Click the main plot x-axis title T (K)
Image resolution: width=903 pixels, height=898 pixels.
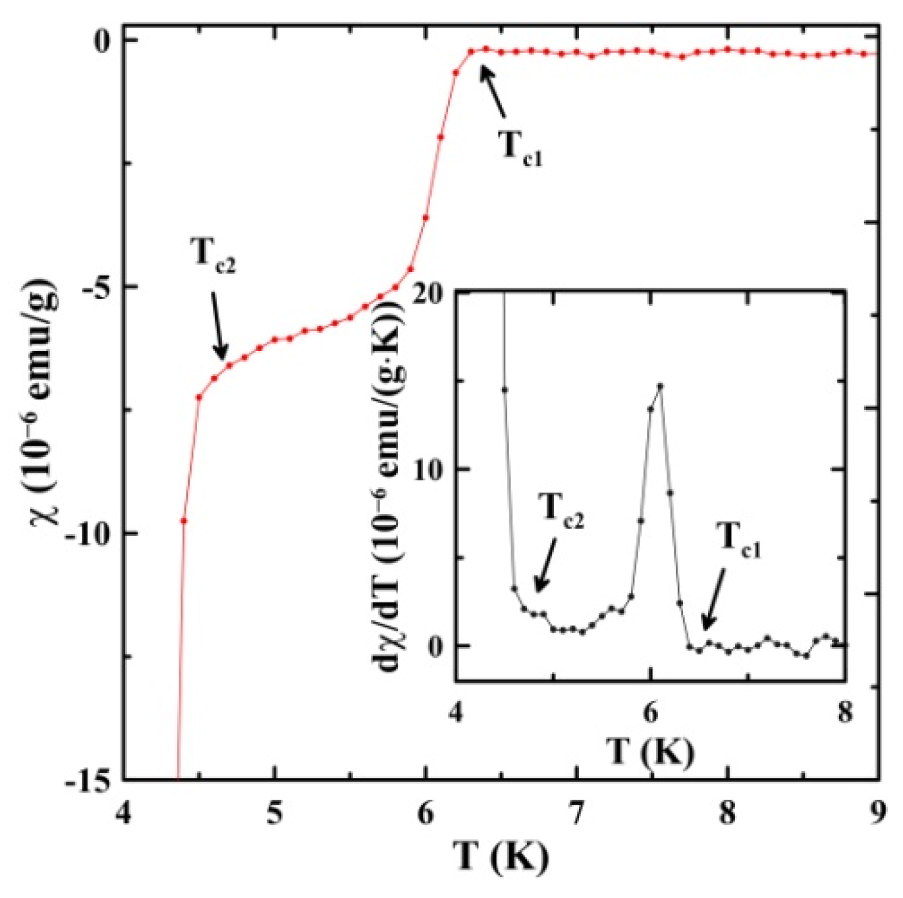[x=501, y=856]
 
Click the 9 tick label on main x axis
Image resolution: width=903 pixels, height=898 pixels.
[x=878, y=814]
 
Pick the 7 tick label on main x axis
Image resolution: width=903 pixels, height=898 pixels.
[x=577, y=814]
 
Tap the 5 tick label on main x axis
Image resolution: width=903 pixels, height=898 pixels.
[x=275, y=814]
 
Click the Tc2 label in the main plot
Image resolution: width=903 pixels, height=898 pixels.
[x=213, y=255]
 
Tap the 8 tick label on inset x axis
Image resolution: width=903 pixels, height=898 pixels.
[x=844, y=712]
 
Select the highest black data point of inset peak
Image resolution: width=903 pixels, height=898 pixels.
[x=660, y=386]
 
